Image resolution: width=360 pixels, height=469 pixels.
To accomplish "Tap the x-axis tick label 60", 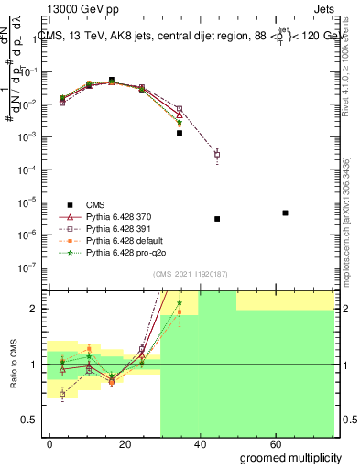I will point(277,442).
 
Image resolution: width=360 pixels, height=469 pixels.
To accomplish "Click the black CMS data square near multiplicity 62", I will point(286,213).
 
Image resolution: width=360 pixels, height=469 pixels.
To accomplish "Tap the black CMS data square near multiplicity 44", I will point(217,219).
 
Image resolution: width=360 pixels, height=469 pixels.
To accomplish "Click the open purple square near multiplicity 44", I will point(217,154).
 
